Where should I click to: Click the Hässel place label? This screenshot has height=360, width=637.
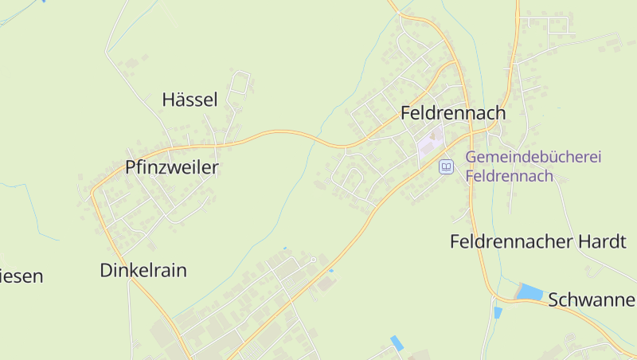(190, 100)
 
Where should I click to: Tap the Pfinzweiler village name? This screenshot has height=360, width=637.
(171, 167)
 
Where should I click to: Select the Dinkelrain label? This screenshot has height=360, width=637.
(143, 270)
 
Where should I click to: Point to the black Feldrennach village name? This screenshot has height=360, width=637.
(453, 113)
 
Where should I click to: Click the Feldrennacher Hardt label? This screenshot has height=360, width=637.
(538, 241)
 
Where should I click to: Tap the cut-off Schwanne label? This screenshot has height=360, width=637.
(592, 299)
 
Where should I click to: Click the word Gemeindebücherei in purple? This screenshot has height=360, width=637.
(533, 157)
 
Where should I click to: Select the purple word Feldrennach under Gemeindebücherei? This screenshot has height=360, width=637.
(510, 176)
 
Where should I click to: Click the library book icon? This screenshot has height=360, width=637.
(446, 166)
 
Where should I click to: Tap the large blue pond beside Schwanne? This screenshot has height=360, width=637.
(530, 292)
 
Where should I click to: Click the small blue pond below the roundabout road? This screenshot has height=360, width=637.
(498, 313)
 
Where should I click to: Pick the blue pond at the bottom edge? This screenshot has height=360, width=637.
(397, 343)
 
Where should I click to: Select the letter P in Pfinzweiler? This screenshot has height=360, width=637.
(131, 167)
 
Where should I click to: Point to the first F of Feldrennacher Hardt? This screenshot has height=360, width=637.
(455, 241)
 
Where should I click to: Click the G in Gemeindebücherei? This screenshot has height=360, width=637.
(471, 157)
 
